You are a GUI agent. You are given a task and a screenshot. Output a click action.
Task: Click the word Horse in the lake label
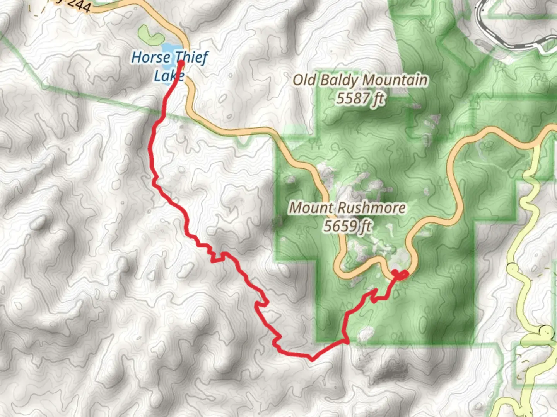[150, 58]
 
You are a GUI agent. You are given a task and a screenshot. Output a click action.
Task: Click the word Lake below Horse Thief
[169, 76]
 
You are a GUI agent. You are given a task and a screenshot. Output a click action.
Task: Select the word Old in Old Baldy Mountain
[304, 80]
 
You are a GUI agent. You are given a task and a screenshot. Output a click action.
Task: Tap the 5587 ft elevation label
[360, 98]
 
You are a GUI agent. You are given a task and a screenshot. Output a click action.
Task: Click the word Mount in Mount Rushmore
[312, 208]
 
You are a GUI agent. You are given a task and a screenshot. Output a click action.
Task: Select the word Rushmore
[371, 208]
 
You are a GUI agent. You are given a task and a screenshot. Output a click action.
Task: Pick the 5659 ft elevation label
[347, 226]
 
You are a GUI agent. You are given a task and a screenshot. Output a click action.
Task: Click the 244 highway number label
[79, 5]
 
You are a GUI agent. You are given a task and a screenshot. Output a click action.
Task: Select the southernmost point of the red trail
[312, 359]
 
